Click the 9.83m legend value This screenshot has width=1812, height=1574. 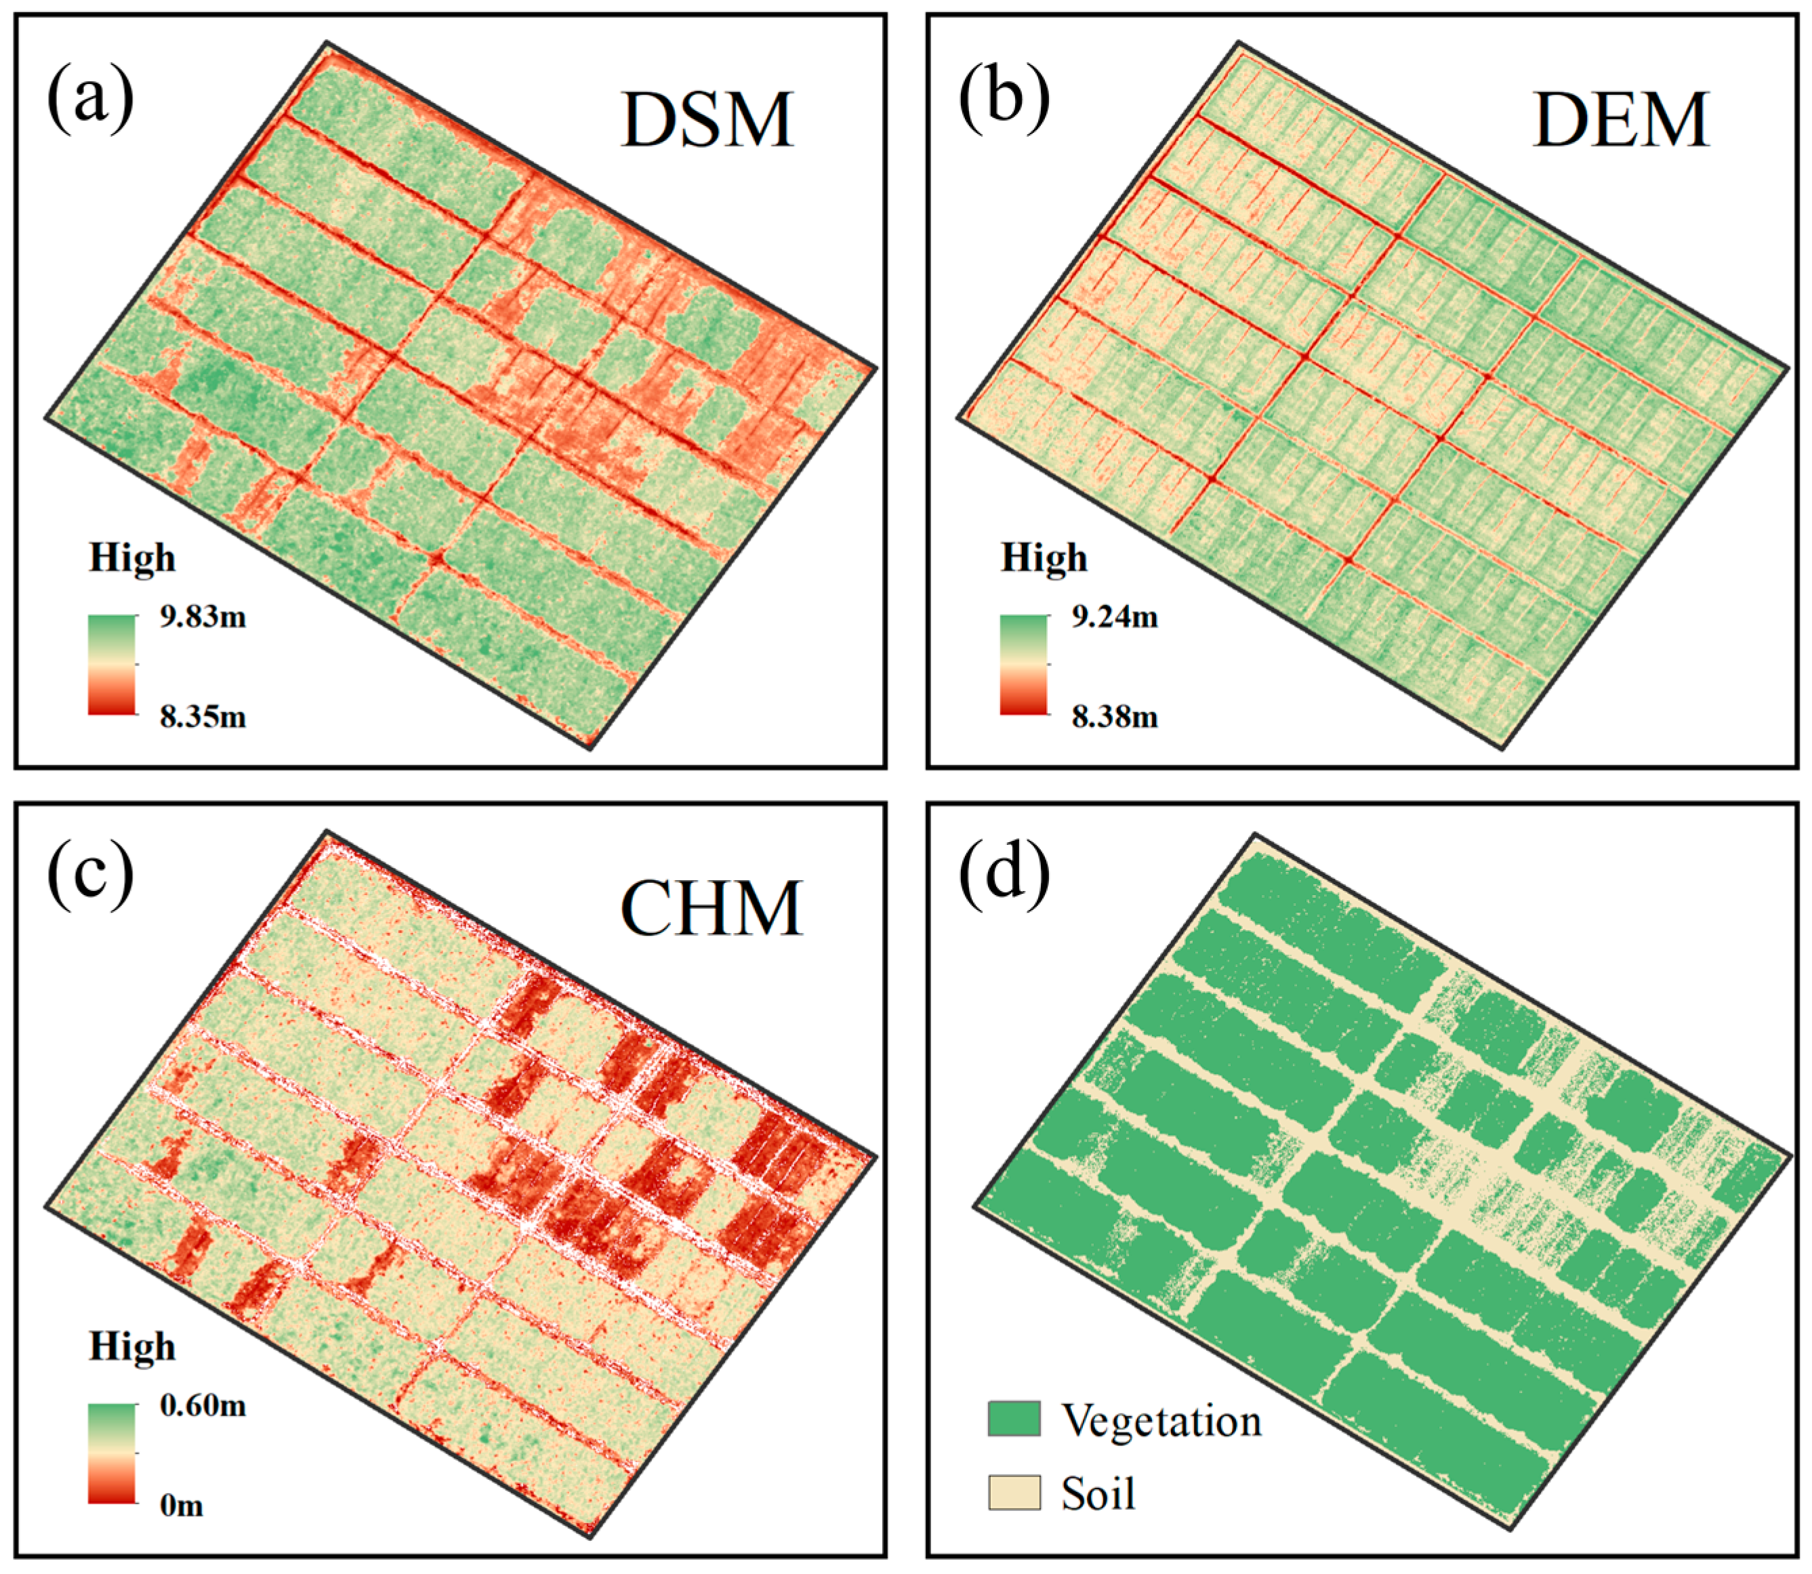point(203,617)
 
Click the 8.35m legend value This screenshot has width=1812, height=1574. point(203,718)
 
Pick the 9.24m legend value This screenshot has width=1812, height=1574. point(1115,617)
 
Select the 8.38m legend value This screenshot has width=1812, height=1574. point(1115,718)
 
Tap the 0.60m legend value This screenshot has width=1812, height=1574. point(203,1406)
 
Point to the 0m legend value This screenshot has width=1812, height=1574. point(182,1506)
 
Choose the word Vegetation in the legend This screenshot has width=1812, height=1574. point(1161,1420)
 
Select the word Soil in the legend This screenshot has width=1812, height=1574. point(1098,1494)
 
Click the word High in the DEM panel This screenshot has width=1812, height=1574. point(1044,558)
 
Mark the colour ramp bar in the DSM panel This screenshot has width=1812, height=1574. point(112,665)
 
